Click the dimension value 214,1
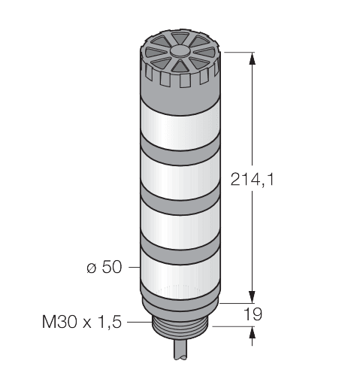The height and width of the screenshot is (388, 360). [x=250, y=179]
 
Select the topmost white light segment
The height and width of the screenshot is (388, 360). [x=180, y=120]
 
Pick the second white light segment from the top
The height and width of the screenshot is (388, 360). [x=180, y=171]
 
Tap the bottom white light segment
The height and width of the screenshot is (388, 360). [x=180, y=272]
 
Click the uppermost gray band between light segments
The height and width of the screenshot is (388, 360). [x=180, y=147]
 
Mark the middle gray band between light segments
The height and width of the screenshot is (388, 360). [x=180, y=198]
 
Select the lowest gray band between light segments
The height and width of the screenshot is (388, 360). [x=180, y=248]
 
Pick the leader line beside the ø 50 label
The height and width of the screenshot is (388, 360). [x=134, y=267]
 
